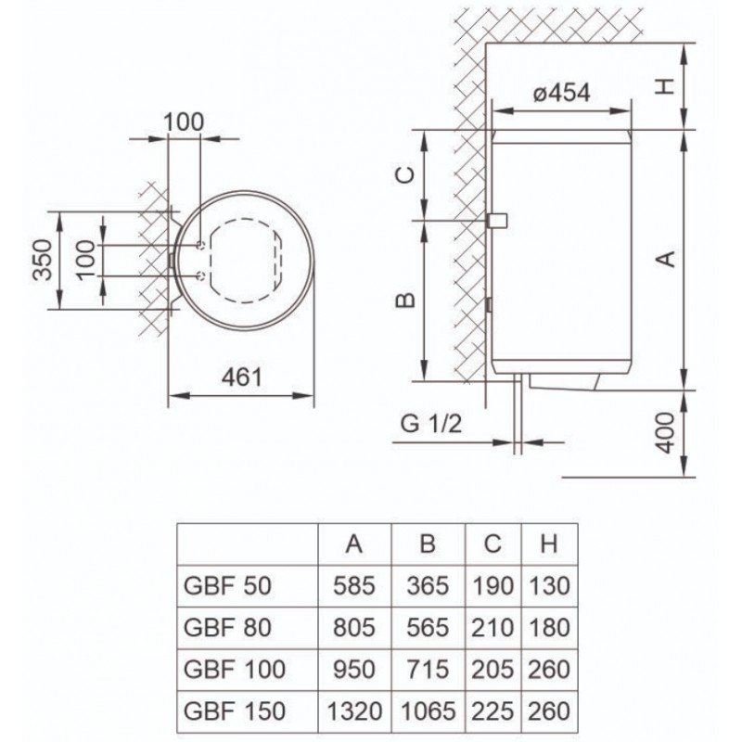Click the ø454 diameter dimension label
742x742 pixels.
[x=563, y=94]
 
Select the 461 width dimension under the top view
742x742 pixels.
[x=242, y=377]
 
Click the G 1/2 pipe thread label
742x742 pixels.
[x=431, y=427]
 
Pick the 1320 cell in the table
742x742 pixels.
[x=353, y=710]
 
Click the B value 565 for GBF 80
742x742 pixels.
[x=427, y=628]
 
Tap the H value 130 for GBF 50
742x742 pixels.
[x=549, y=586]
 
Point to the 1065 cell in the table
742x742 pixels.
[x=427, y=710]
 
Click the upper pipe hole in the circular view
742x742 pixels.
[x=201, y=245]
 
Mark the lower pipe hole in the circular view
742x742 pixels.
[x=201, y=275]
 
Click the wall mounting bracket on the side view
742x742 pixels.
[x=496, y=221]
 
